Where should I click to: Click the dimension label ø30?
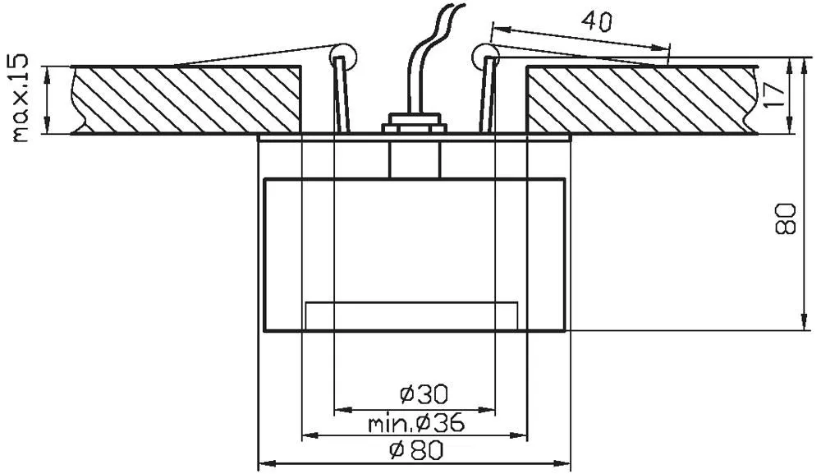(424, 393)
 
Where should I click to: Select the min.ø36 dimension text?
(416, 422)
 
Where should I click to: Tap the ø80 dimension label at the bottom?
(416, 450)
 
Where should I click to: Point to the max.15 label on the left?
(21, 98)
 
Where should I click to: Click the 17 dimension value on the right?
(774, 94)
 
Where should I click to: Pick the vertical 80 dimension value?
(785, 219)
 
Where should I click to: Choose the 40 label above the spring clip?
(596, 21)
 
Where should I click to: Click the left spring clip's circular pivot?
(343, 54)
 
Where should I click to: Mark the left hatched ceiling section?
(186, 99)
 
